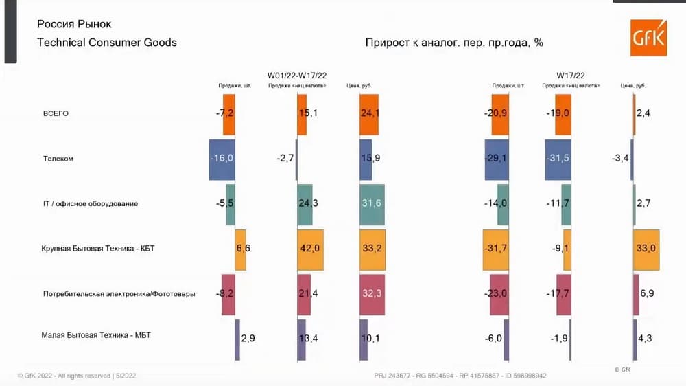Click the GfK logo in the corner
coord(648,37)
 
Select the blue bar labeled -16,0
coord(222,159)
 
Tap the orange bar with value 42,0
coord(310,249)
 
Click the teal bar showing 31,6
coord(371,204)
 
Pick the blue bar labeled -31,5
coord(558,159)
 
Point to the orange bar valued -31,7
coord(495,249)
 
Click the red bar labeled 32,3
coord(372,294)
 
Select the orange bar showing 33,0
coord(646,249)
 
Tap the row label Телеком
coord(58,159)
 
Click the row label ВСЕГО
coord(56,113)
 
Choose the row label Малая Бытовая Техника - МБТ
coord(97,335)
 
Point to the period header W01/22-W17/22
coord(296,75)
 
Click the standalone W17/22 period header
coord(571,75)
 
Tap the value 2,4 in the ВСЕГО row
coord(643,113)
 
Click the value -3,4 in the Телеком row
coord(620,159)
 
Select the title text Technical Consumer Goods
coord(107,43)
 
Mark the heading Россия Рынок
coord(74,24)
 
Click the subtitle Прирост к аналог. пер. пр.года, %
coord(454,43)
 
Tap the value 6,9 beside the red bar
coord(647,294)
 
